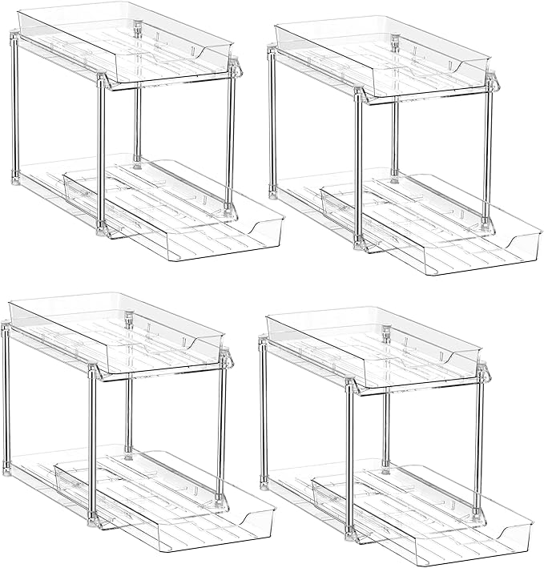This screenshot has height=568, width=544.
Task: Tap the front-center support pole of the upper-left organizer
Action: (x=102, y=152)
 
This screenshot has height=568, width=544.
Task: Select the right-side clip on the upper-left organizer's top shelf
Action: (x=236, y=68)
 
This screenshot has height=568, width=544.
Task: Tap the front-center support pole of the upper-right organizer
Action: (x=358, y=168)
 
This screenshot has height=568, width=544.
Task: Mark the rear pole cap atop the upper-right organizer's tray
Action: (x=395, y=42)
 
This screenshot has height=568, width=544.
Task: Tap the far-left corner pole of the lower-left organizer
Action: (x=6, y=401)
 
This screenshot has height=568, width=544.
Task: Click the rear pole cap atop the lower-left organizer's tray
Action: (x=129, y=320)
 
